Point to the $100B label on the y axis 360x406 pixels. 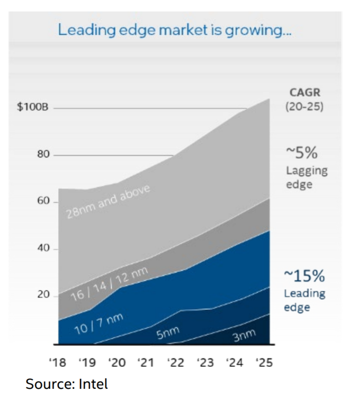tap(32, 108)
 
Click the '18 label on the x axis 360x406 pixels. tap(57, 363)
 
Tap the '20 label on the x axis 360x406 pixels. tap(116, 363)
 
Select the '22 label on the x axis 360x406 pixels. tap(176, 363)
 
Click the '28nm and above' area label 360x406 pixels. tap(108, 201)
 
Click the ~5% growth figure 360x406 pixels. tap(302, 153)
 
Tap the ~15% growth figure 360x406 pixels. tap(304, 276)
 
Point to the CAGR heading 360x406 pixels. tap(305, 93)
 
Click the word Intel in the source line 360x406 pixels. tap(93, 384)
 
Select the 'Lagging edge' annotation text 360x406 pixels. tap(306, 177)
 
